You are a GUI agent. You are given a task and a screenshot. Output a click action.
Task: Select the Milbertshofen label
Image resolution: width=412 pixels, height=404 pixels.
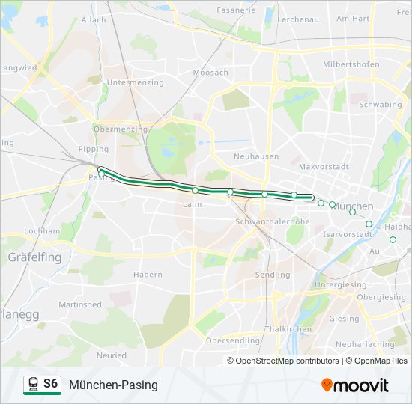[348, 64]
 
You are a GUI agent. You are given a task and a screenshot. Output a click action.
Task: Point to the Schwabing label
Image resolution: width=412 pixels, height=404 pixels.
[381, 105]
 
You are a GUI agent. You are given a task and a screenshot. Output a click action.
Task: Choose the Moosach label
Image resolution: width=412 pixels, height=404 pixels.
[210, 73]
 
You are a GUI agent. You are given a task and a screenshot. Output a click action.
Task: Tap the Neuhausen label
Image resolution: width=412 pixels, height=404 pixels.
[255, 156]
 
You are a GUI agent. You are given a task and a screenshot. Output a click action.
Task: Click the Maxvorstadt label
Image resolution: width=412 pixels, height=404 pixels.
[321, 166]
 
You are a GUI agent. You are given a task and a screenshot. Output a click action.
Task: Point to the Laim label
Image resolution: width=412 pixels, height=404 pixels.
[192, 203]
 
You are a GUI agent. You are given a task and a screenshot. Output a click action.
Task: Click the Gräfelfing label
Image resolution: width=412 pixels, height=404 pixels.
[35, 257]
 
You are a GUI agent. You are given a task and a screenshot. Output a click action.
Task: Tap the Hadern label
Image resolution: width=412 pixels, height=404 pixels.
[148, 275]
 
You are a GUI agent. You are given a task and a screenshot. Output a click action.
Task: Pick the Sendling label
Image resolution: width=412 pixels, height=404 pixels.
[273, 275]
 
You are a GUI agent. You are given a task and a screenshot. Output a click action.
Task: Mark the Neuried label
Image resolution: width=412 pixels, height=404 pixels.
[112, 355]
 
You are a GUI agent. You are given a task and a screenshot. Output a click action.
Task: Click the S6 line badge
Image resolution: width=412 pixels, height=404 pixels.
[50, 384]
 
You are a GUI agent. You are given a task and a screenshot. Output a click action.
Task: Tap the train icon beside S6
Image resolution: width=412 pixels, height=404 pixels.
[33, 385]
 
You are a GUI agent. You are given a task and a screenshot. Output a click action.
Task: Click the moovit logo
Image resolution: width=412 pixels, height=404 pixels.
[355, 385]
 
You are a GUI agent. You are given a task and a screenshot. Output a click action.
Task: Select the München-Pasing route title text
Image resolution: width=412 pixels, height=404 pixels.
[113, 385]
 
